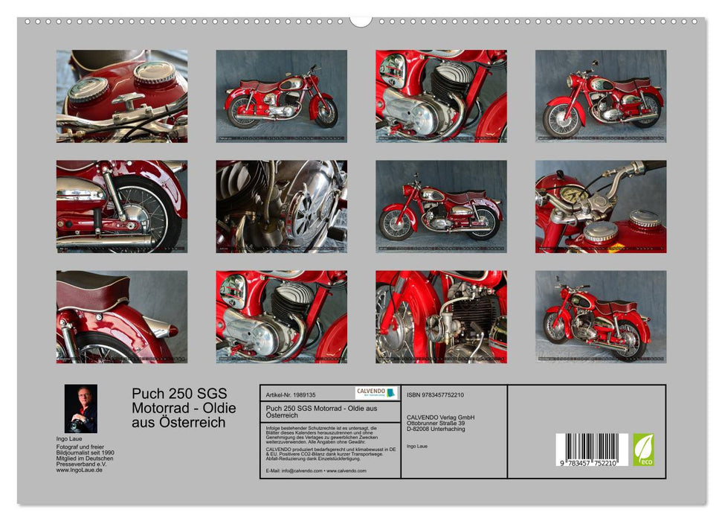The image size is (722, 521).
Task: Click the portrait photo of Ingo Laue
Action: click(x=80, y=409)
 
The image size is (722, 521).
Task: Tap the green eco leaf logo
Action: click(x=643, y=450)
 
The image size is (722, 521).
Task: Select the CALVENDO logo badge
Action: click(x=376, y=393)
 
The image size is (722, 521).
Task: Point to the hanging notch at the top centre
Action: click(x=361, y=21)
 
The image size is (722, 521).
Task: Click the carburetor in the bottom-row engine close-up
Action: click(x=436, y=327)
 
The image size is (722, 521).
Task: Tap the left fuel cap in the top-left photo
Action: click(x=88, y=89)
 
